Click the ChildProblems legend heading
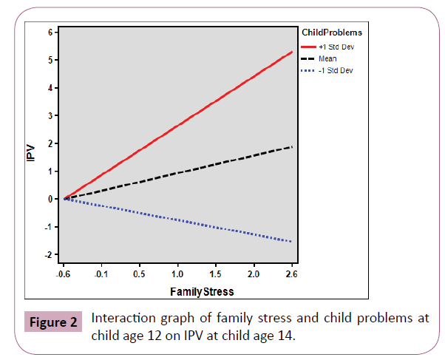(332, 33)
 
